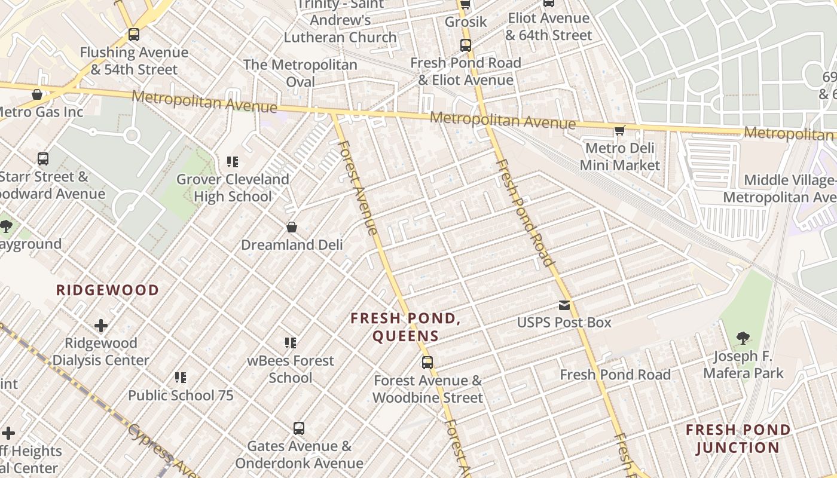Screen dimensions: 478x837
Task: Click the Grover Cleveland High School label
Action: click(x=233, y=188)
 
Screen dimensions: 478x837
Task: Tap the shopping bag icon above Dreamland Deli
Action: click(x=292, y=227)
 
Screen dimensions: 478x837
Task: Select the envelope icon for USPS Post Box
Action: click(x=564, y=305)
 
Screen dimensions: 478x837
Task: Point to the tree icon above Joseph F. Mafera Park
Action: click(x=743, y=338)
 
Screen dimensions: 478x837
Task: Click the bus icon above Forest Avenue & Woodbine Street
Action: click(x=427, y=362)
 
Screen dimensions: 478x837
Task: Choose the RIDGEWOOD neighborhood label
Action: click(x=108, y=290)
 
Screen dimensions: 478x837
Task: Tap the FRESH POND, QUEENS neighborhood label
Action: click(x=406, y=327)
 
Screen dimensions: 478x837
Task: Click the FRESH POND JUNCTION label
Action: click(x=738, y=439)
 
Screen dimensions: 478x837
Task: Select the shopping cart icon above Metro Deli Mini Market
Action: click(x=620, y=130)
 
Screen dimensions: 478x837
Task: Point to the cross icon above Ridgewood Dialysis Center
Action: click(x=101, y=326)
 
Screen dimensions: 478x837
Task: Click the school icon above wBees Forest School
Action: click(x=291, y=343)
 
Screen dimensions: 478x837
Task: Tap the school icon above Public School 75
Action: click(x=181, y=378)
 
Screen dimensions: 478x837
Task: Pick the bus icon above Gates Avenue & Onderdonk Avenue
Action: click(x=299, y=428)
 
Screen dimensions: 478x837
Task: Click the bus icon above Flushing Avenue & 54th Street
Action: click(x=134, y=35)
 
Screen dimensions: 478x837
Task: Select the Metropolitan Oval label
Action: click(x=300, y=73)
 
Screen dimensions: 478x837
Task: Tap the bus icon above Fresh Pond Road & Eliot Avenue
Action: click(x=466, y=45)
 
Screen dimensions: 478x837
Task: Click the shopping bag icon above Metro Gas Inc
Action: click(x=37, y=94)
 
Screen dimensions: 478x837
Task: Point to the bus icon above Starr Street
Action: click(x=43, y=159)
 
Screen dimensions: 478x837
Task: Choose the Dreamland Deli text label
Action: click(x=292, y=245)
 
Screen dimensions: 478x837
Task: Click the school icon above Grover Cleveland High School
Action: click(x=233, y=161)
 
